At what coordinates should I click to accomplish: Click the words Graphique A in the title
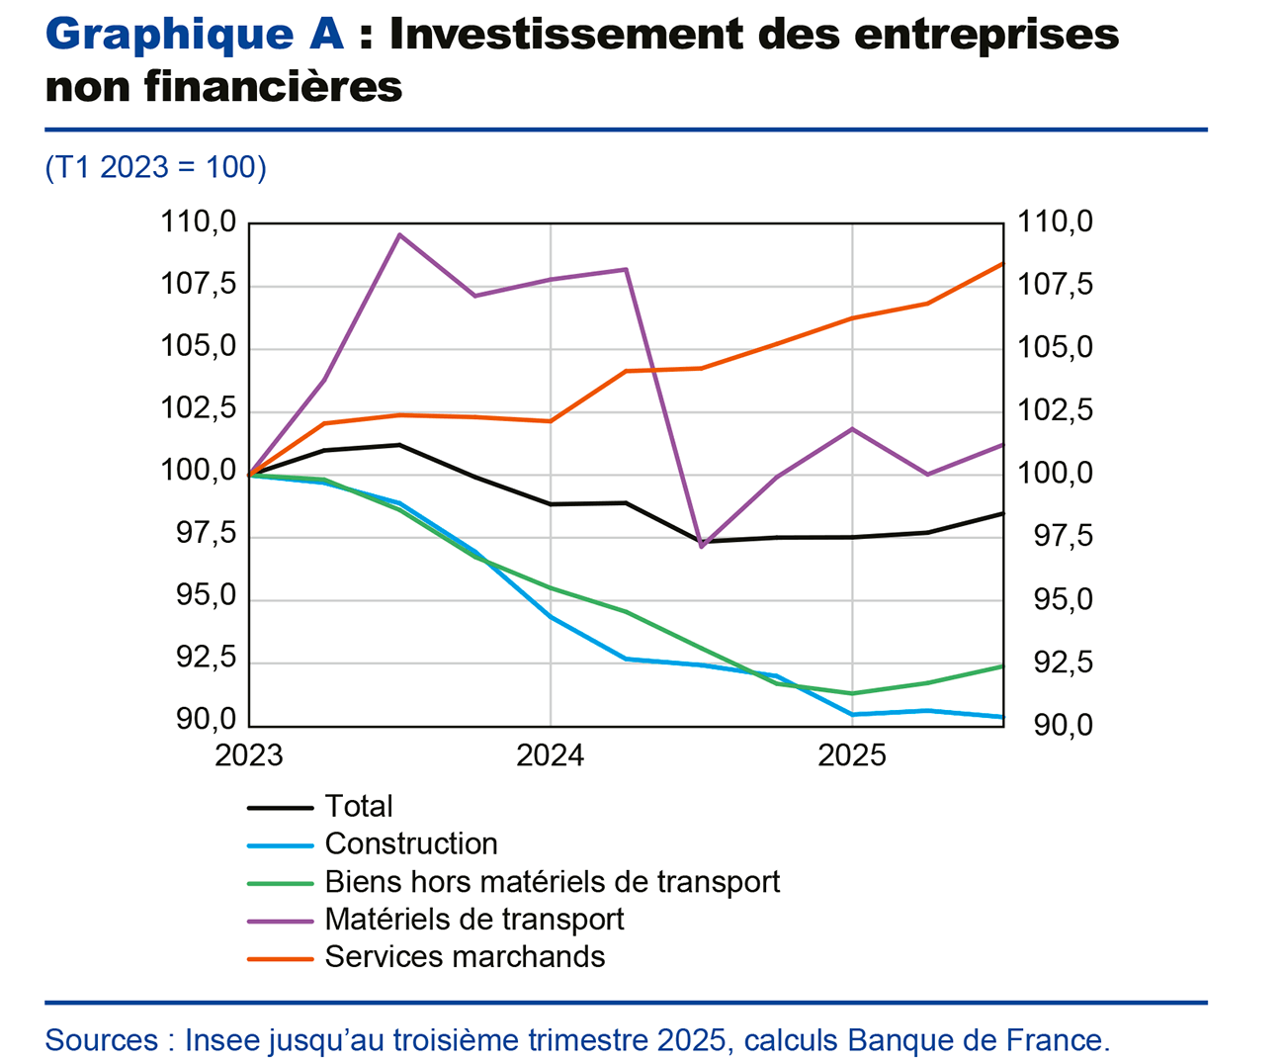(x=195, y=36)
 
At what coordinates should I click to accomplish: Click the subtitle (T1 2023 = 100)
(x=156, y=167)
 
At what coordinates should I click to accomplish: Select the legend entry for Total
(x=358, y=807)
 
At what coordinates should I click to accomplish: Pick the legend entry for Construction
(x=410, y=844)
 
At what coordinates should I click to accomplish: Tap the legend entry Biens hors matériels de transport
(x=552, y=882)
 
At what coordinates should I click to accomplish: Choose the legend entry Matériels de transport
(x=473, y=920)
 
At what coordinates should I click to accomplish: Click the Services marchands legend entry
(x=465, y=957)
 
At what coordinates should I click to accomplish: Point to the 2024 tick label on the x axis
(x=551, y=756)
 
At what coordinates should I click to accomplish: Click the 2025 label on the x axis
(x=852, y=756)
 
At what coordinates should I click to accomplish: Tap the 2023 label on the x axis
(x=249, y=756)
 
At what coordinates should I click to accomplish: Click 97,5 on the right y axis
(x=1056, y=537)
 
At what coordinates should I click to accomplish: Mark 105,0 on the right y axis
(x=1056, y=348)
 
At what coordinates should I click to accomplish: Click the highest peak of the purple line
(x=399, y=234)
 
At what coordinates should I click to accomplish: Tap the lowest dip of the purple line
(x=701, y=546)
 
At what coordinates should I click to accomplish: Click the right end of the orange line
(x=1001, y=264)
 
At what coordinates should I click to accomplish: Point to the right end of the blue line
(x=1001, y=717)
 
